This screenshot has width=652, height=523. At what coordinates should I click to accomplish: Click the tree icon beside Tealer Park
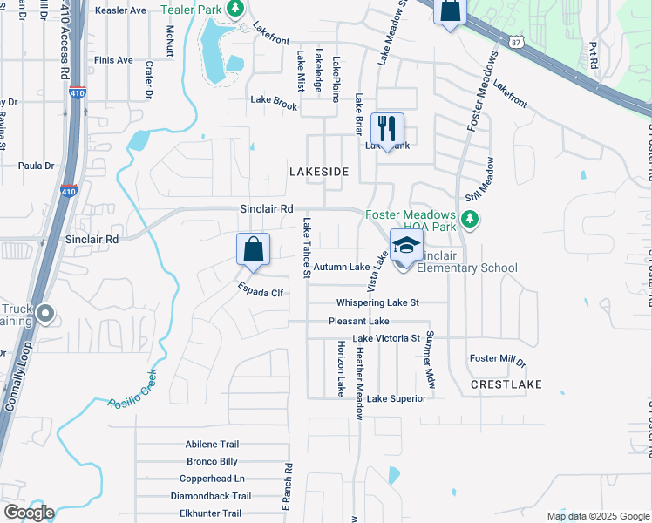(234, 8)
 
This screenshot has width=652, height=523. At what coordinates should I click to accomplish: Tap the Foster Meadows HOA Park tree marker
(471, 218)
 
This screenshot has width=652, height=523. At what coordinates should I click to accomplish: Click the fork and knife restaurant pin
(388, 129)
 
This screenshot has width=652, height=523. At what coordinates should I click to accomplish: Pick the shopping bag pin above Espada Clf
(253, 250)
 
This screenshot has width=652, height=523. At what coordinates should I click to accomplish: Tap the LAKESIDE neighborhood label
(319, 173)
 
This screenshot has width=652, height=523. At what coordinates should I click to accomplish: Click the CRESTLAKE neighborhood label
(506, 384)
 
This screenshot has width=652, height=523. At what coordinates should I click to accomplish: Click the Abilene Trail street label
(212, 445)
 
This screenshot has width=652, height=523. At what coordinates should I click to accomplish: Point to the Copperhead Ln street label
(212, 479)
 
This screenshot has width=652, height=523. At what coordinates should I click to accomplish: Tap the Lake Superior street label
(396, 399)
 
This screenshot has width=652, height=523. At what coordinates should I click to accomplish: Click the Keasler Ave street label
(120, 10)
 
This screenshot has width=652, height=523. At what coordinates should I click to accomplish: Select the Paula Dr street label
(36, 165)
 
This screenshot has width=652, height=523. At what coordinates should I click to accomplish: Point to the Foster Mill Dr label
(498, 359)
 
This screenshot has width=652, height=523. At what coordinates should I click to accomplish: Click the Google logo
(29, 513)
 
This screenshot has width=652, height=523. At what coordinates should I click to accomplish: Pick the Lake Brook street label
(274, 100)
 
